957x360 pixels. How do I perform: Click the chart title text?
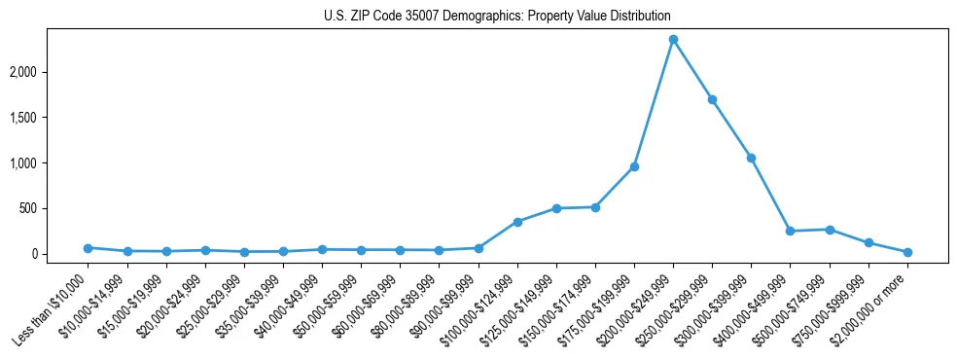[x=497, y=17]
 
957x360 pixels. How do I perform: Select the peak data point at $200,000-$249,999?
[x=673, y=40]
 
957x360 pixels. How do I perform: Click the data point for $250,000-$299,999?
[x=712, y=99]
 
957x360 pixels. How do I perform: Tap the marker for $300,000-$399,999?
[x=751, y=158]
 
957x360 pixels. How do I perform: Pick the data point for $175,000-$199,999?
[x=634, y=166]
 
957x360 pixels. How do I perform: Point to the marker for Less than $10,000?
[x=88, y=248]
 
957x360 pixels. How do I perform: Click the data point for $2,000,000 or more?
[x=907, y=252]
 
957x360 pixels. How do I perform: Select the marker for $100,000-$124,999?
[x=517, y=222]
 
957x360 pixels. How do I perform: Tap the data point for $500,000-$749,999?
[x=830, y=230]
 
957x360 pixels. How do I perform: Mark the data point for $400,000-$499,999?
[x=791, y=231]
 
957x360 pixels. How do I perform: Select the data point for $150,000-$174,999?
[x=595, y=207]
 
